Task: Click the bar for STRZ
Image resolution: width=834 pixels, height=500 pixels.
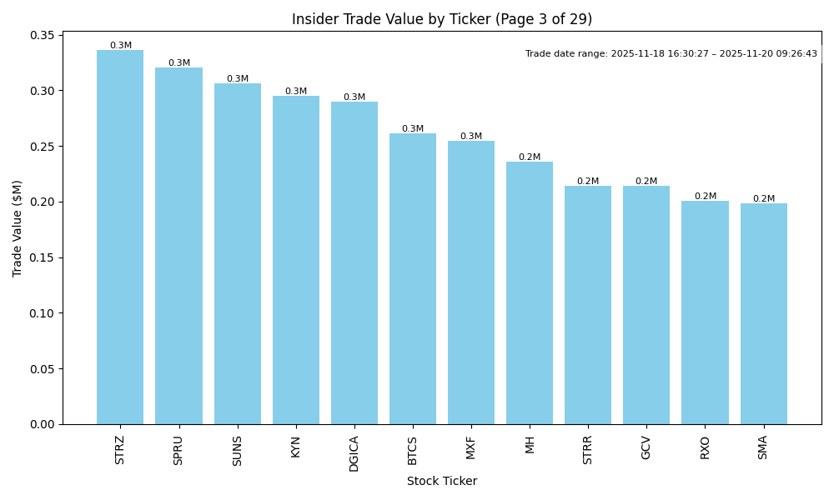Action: point(120,237)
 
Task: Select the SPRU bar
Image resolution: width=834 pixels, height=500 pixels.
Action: point(178,246)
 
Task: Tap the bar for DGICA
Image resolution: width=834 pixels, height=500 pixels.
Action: point(354,262)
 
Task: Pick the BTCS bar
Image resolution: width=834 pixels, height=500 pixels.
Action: point(413,279)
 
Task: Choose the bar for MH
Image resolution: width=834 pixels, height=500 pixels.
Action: point(530,292)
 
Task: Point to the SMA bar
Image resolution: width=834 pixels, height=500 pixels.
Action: point(764,313)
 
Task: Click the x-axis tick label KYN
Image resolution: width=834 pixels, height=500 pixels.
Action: point(296,447)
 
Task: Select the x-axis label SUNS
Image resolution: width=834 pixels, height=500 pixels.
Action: point(238,450)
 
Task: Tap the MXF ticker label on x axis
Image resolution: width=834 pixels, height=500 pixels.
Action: point(471,447)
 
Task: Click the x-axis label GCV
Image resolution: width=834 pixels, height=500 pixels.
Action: point(646,447)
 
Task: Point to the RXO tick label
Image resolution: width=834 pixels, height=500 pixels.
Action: point(706,447)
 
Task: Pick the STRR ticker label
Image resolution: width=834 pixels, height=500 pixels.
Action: point(588,449)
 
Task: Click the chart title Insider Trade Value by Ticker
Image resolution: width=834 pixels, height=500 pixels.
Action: point(442,19)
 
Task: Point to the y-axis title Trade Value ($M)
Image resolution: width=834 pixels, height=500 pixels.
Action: point(18,228)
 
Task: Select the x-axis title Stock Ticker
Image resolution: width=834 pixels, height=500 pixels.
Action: point(442,481)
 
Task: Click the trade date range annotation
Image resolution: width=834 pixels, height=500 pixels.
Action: point(671,54)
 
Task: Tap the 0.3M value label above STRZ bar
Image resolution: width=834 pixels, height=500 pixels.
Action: point(121,46)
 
